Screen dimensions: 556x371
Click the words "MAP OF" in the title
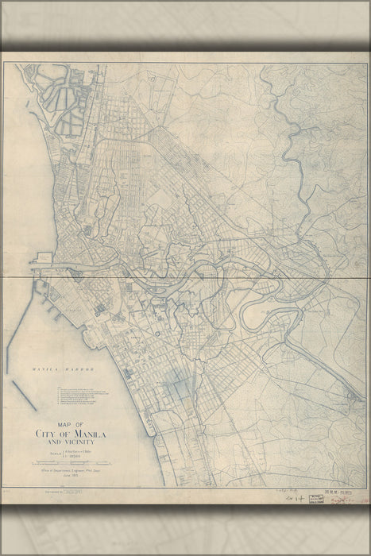(x=71, y=425)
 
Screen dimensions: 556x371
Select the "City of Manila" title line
(x=76, y=434)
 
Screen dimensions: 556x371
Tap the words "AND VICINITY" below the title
(x=76, y=443)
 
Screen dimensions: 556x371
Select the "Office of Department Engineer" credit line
(x=76, y=470)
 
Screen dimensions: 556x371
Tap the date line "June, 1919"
(x=76, y=477)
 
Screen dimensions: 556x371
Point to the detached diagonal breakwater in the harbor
(x=24, y=395)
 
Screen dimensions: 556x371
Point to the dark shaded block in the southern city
(x=180, y=388)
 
